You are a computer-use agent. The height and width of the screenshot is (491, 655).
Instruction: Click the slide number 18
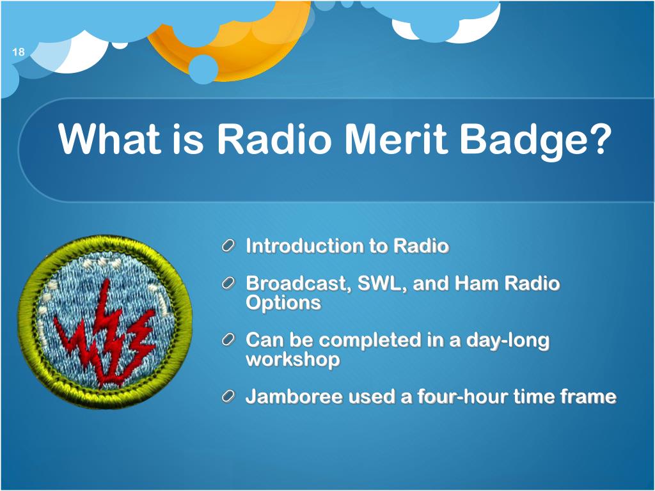(x=19, y=52)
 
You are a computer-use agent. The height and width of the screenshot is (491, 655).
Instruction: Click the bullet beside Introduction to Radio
(x=228, y=246)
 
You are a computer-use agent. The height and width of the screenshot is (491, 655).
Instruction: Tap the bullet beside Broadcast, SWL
(x=228, y=284)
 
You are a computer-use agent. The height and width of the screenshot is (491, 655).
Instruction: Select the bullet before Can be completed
(x=228, y=340)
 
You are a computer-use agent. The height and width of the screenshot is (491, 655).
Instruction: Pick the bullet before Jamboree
(x=228, y=396)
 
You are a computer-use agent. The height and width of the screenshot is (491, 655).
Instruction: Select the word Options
(x=283, y=303)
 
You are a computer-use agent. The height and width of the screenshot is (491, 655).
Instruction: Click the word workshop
(x=293, y=359)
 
